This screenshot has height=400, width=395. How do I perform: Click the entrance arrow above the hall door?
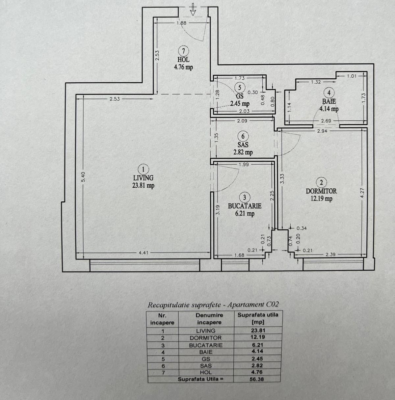pyautogui.click(x=193, y=10)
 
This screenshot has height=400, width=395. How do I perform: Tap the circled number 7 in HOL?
pyautogui.click(x=183, y=51)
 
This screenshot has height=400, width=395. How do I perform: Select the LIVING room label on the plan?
pyautogui.click(x=143, y=178)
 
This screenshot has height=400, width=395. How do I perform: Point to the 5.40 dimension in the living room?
pyautogui.click(x=83, y=177)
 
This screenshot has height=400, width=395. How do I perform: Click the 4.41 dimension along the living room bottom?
pyautogui.click(x=144, y=253)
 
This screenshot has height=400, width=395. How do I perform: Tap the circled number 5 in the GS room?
pyautogui.click(x=240, y=88)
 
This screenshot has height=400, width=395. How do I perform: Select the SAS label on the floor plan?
pyautogui.click(x=243, y=145)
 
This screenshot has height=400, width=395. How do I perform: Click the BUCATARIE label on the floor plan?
pyautogui.click(x=245, y=206)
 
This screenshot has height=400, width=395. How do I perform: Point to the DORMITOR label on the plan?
pyautogui.click(x=321, y=191)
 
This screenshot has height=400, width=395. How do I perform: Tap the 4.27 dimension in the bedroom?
pyautogui.click(x=362, y=193)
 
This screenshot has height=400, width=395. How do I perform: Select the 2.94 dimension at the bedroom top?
pyautogui.click(x=322, y=131)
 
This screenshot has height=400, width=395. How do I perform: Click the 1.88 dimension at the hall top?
pyautogui.click(x=181, y=23)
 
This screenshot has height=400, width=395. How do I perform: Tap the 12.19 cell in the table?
pyautogui.click(x=258, y=337)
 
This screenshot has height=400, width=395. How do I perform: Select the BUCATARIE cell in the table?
pyautogui.click(x=206, y=345)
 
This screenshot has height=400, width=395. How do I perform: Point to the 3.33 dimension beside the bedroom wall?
pyautogui.click(x=282, y=178)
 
